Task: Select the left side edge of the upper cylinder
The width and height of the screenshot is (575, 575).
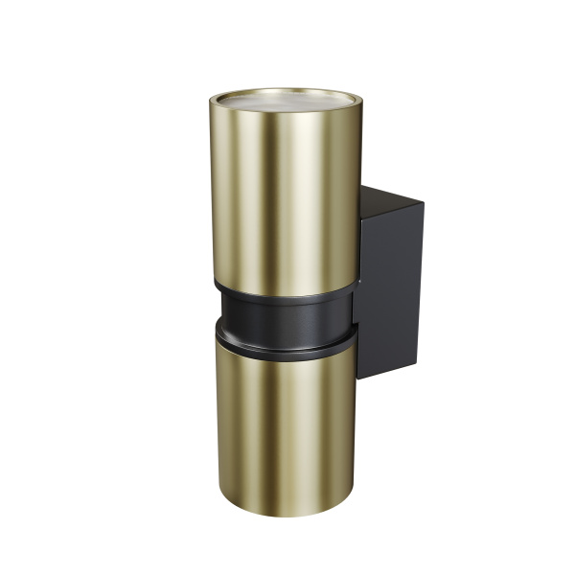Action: [211, 192]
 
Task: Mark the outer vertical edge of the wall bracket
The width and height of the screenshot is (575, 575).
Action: [422, 283]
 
